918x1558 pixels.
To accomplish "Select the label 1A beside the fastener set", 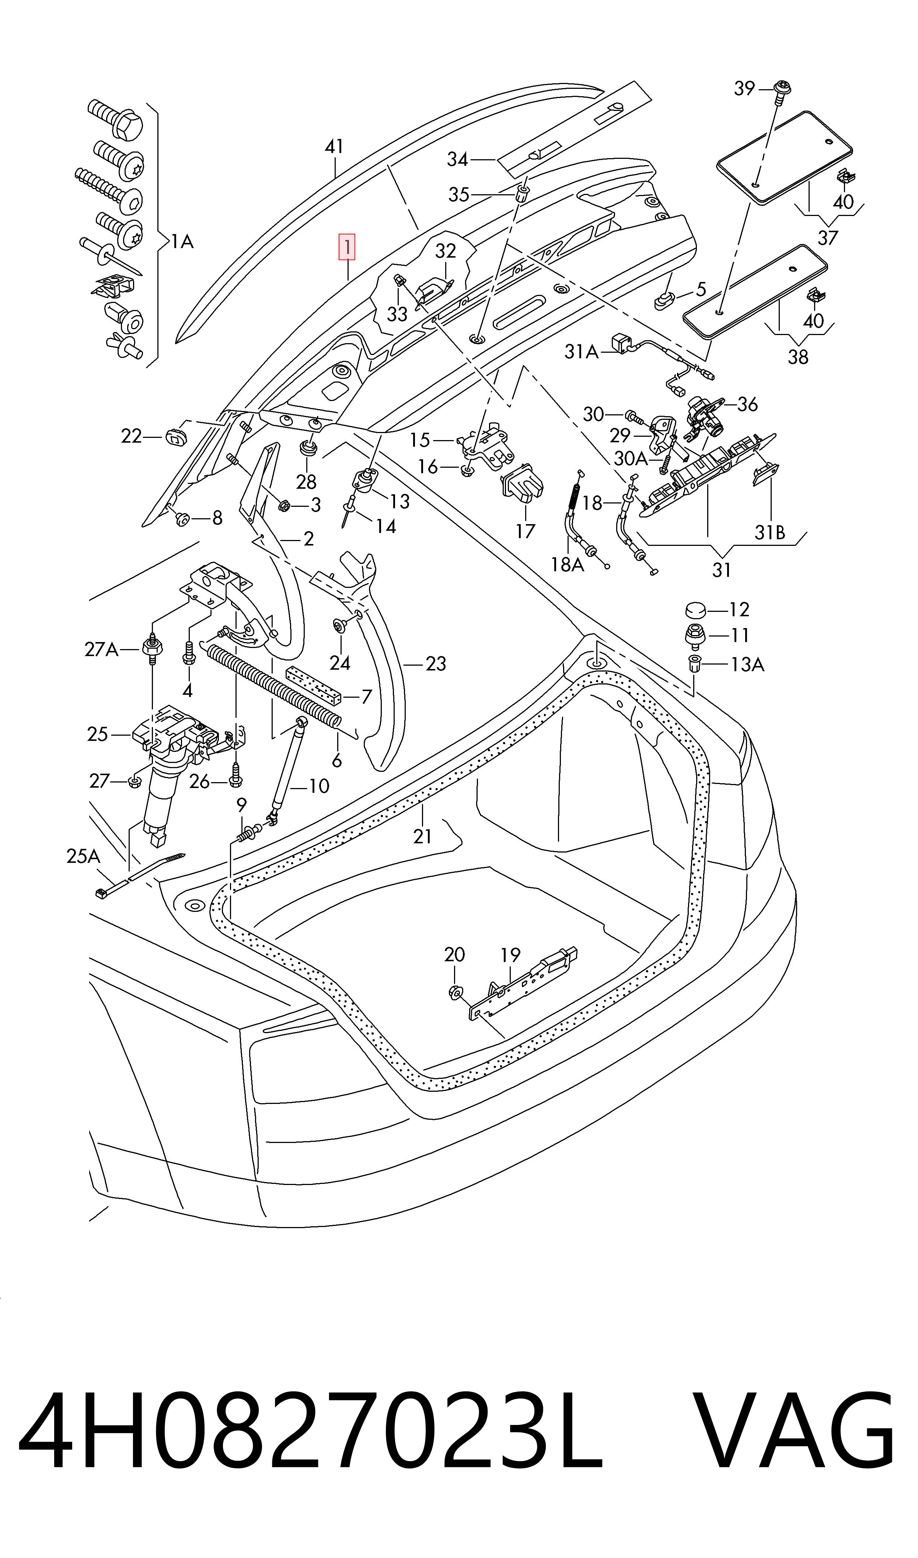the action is (182, 241).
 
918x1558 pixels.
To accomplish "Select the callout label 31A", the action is (582, 352).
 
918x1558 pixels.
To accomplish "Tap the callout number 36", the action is (747, 404).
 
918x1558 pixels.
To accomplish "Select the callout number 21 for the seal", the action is (422, 836).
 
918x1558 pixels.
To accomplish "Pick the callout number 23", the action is (436, 664).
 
